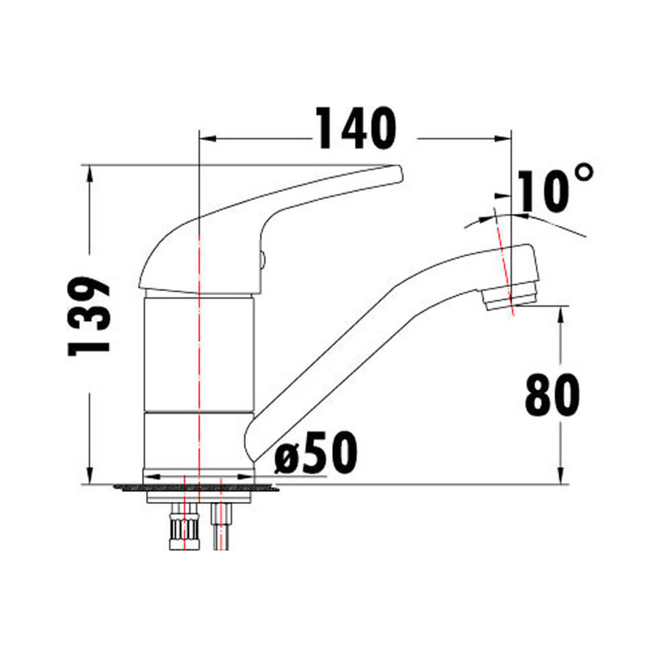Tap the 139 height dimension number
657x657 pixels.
click(x=89, y=316)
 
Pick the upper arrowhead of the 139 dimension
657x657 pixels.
click(x=90, y=173)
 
